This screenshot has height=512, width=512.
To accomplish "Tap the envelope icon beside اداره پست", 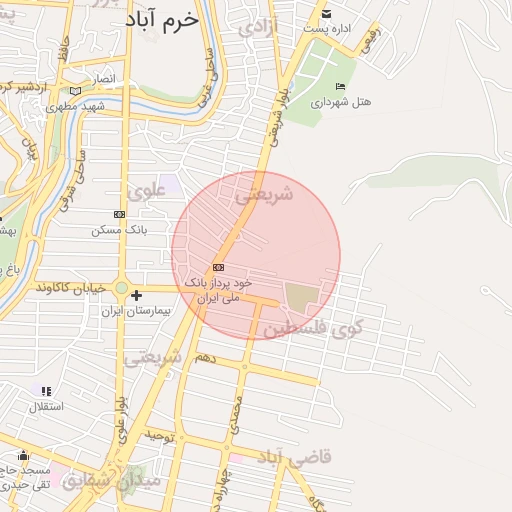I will [327, 13].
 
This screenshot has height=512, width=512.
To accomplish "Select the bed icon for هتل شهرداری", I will [341, 86].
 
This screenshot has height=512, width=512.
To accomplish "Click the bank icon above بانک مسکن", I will [120, 214].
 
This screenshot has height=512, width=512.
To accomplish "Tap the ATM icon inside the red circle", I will [218, 267].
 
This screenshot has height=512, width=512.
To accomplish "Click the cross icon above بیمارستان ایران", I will [136, 295].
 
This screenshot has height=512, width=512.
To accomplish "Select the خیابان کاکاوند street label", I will [70, 287].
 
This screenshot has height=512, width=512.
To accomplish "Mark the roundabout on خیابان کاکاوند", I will [121, 288].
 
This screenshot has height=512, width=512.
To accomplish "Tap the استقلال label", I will [43, 406].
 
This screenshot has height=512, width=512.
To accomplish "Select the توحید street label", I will [159, 437].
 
